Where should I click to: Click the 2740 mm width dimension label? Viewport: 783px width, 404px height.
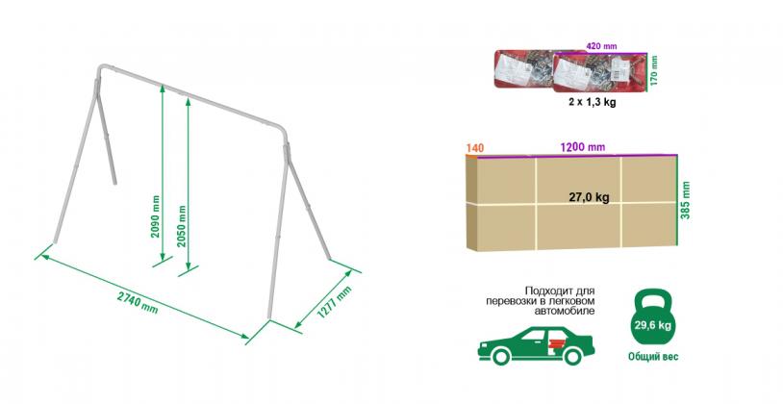[x=138, y=303]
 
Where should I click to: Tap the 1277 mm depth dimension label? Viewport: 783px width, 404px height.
[x=335, y=302]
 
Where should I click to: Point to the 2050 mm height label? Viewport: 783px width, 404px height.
[x=182, y=226]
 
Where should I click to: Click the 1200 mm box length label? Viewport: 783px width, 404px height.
[x=582, y=147]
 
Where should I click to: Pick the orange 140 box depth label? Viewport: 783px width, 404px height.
[x=474, y=148]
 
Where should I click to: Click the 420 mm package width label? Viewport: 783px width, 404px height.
[x=601, y=46]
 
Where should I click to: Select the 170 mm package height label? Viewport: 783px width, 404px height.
[x=655, y=70]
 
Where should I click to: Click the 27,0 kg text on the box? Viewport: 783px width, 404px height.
[x=590, y=197]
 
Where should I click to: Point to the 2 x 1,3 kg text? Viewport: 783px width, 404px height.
[x=592, y=102]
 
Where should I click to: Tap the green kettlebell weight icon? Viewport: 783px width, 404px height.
[x=652, y=318]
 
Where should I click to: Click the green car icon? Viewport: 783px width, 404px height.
[x=536, y=344]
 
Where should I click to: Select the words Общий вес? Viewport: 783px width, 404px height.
[x=653, y=357]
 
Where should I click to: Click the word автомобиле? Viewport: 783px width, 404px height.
[x=565, y=311]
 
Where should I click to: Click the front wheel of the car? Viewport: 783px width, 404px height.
[x=501, y=356]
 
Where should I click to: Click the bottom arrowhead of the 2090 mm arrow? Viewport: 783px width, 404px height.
[x=163, y=258]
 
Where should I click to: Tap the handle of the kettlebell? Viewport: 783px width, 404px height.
[x=652, y=297]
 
